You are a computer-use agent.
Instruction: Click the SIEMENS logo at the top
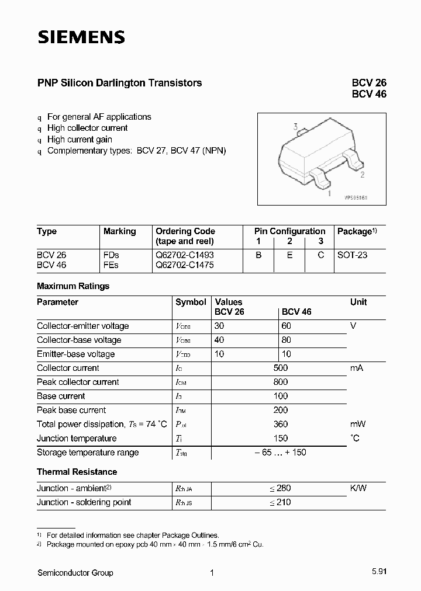(81, 38)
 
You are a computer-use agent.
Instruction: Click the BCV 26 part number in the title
(368, 83)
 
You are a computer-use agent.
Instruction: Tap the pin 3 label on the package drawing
(296, 127)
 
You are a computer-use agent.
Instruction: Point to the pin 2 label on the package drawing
(363, 174)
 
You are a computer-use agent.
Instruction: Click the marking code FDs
(111, 255)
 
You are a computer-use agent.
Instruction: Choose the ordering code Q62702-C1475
(185, 265)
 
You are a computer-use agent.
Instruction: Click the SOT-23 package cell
(353, 255)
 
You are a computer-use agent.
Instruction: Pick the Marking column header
(119, 231)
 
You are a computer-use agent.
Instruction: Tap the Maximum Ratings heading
(73, 286)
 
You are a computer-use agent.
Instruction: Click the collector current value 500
(280, 368)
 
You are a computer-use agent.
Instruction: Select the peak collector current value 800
(280, 382)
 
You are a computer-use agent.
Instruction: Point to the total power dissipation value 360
(280, 424)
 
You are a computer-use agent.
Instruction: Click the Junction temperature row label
(77, 438)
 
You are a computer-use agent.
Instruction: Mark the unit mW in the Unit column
(357, 424)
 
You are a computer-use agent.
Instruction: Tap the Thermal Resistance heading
(77, 472)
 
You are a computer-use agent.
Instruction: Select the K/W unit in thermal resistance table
(358, 488)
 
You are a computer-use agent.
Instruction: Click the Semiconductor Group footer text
(75, 573)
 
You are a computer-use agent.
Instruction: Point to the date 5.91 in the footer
(378, 573)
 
